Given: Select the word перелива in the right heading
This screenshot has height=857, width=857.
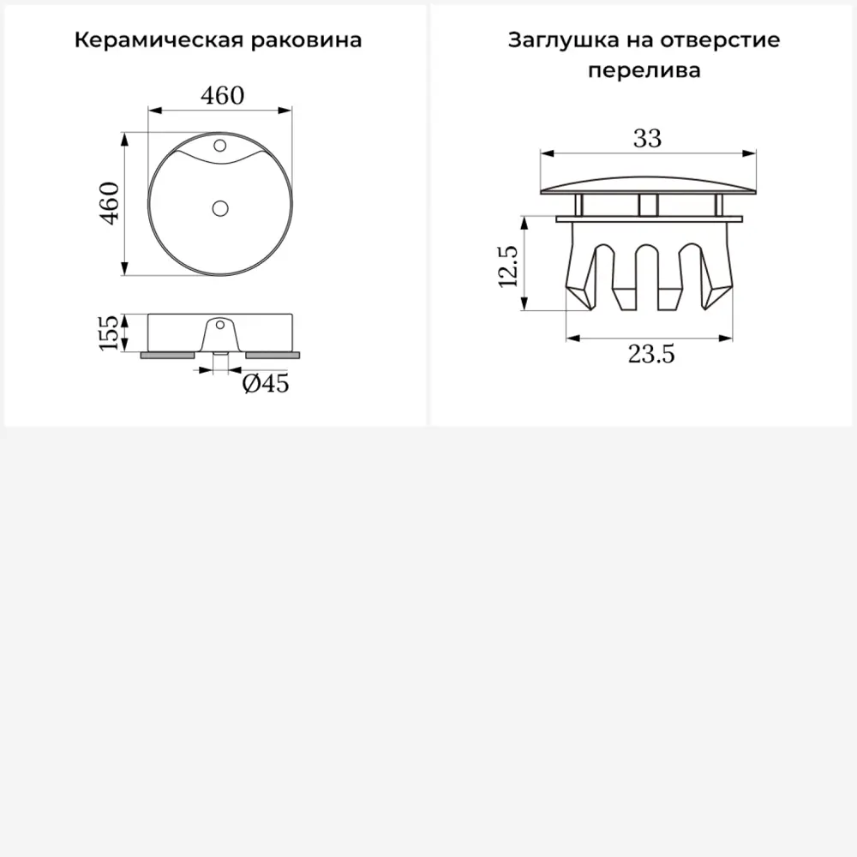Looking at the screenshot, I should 644,70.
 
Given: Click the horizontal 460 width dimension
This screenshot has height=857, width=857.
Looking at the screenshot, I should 223,95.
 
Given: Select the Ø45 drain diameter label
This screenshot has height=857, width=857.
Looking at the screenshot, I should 265,384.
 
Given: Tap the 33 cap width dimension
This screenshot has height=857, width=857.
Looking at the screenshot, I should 647,138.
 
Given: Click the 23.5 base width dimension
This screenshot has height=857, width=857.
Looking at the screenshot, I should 651,354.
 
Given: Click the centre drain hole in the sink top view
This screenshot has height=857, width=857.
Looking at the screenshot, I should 220,207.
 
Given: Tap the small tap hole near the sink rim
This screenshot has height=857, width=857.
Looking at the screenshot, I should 219,143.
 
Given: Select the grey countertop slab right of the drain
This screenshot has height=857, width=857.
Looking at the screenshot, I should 273,353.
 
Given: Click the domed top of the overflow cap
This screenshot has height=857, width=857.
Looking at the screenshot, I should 648,182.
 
